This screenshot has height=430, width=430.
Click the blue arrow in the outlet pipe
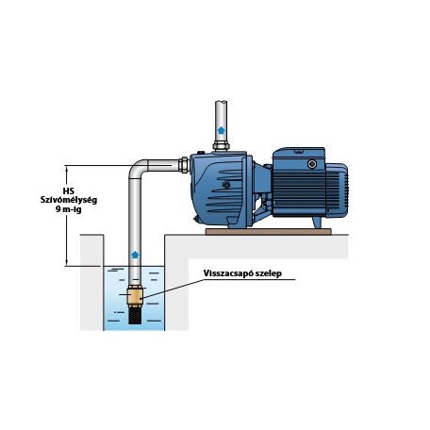(222, 130)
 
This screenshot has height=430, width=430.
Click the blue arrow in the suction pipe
(135, 255)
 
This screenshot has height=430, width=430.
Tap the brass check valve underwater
(135, 296)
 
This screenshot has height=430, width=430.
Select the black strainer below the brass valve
(135, 315)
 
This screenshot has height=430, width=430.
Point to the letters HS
(69, 191)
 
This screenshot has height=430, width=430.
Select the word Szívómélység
(69, 200)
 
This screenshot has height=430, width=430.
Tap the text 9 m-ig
(69, 209)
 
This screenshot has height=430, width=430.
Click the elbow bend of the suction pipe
(136, 168)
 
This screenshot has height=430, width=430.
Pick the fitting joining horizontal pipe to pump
(184, 165)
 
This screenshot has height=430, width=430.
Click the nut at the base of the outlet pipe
(221, 146)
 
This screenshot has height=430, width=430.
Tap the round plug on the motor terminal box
(312, 164)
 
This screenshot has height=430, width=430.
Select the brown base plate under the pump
(269, 232)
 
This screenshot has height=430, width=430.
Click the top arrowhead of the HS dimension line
(67, 167)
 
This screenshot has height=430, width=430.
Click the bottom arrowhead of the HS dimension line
(67, 264)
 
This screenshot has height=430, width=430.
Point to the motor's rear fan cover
(337, 190)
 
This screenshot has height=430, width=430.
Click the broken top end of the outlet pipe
(221, 102)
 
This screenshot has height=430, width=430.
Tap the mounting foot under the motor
(317, 223)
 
